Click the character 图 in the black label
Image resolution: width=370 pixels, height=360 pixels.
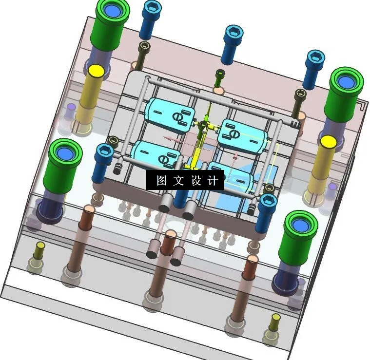(162, 181)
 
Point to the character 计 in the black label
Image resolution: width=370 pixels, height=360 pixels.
(213, 181)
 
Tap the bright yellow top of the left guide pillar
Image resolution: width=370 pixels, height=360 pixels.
(96, 71)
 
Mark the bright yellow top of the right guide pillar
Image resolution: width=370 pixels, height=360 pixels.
(328, 142)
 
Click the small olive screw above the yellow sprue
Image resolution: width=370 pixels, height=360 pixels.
(220, 76)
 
